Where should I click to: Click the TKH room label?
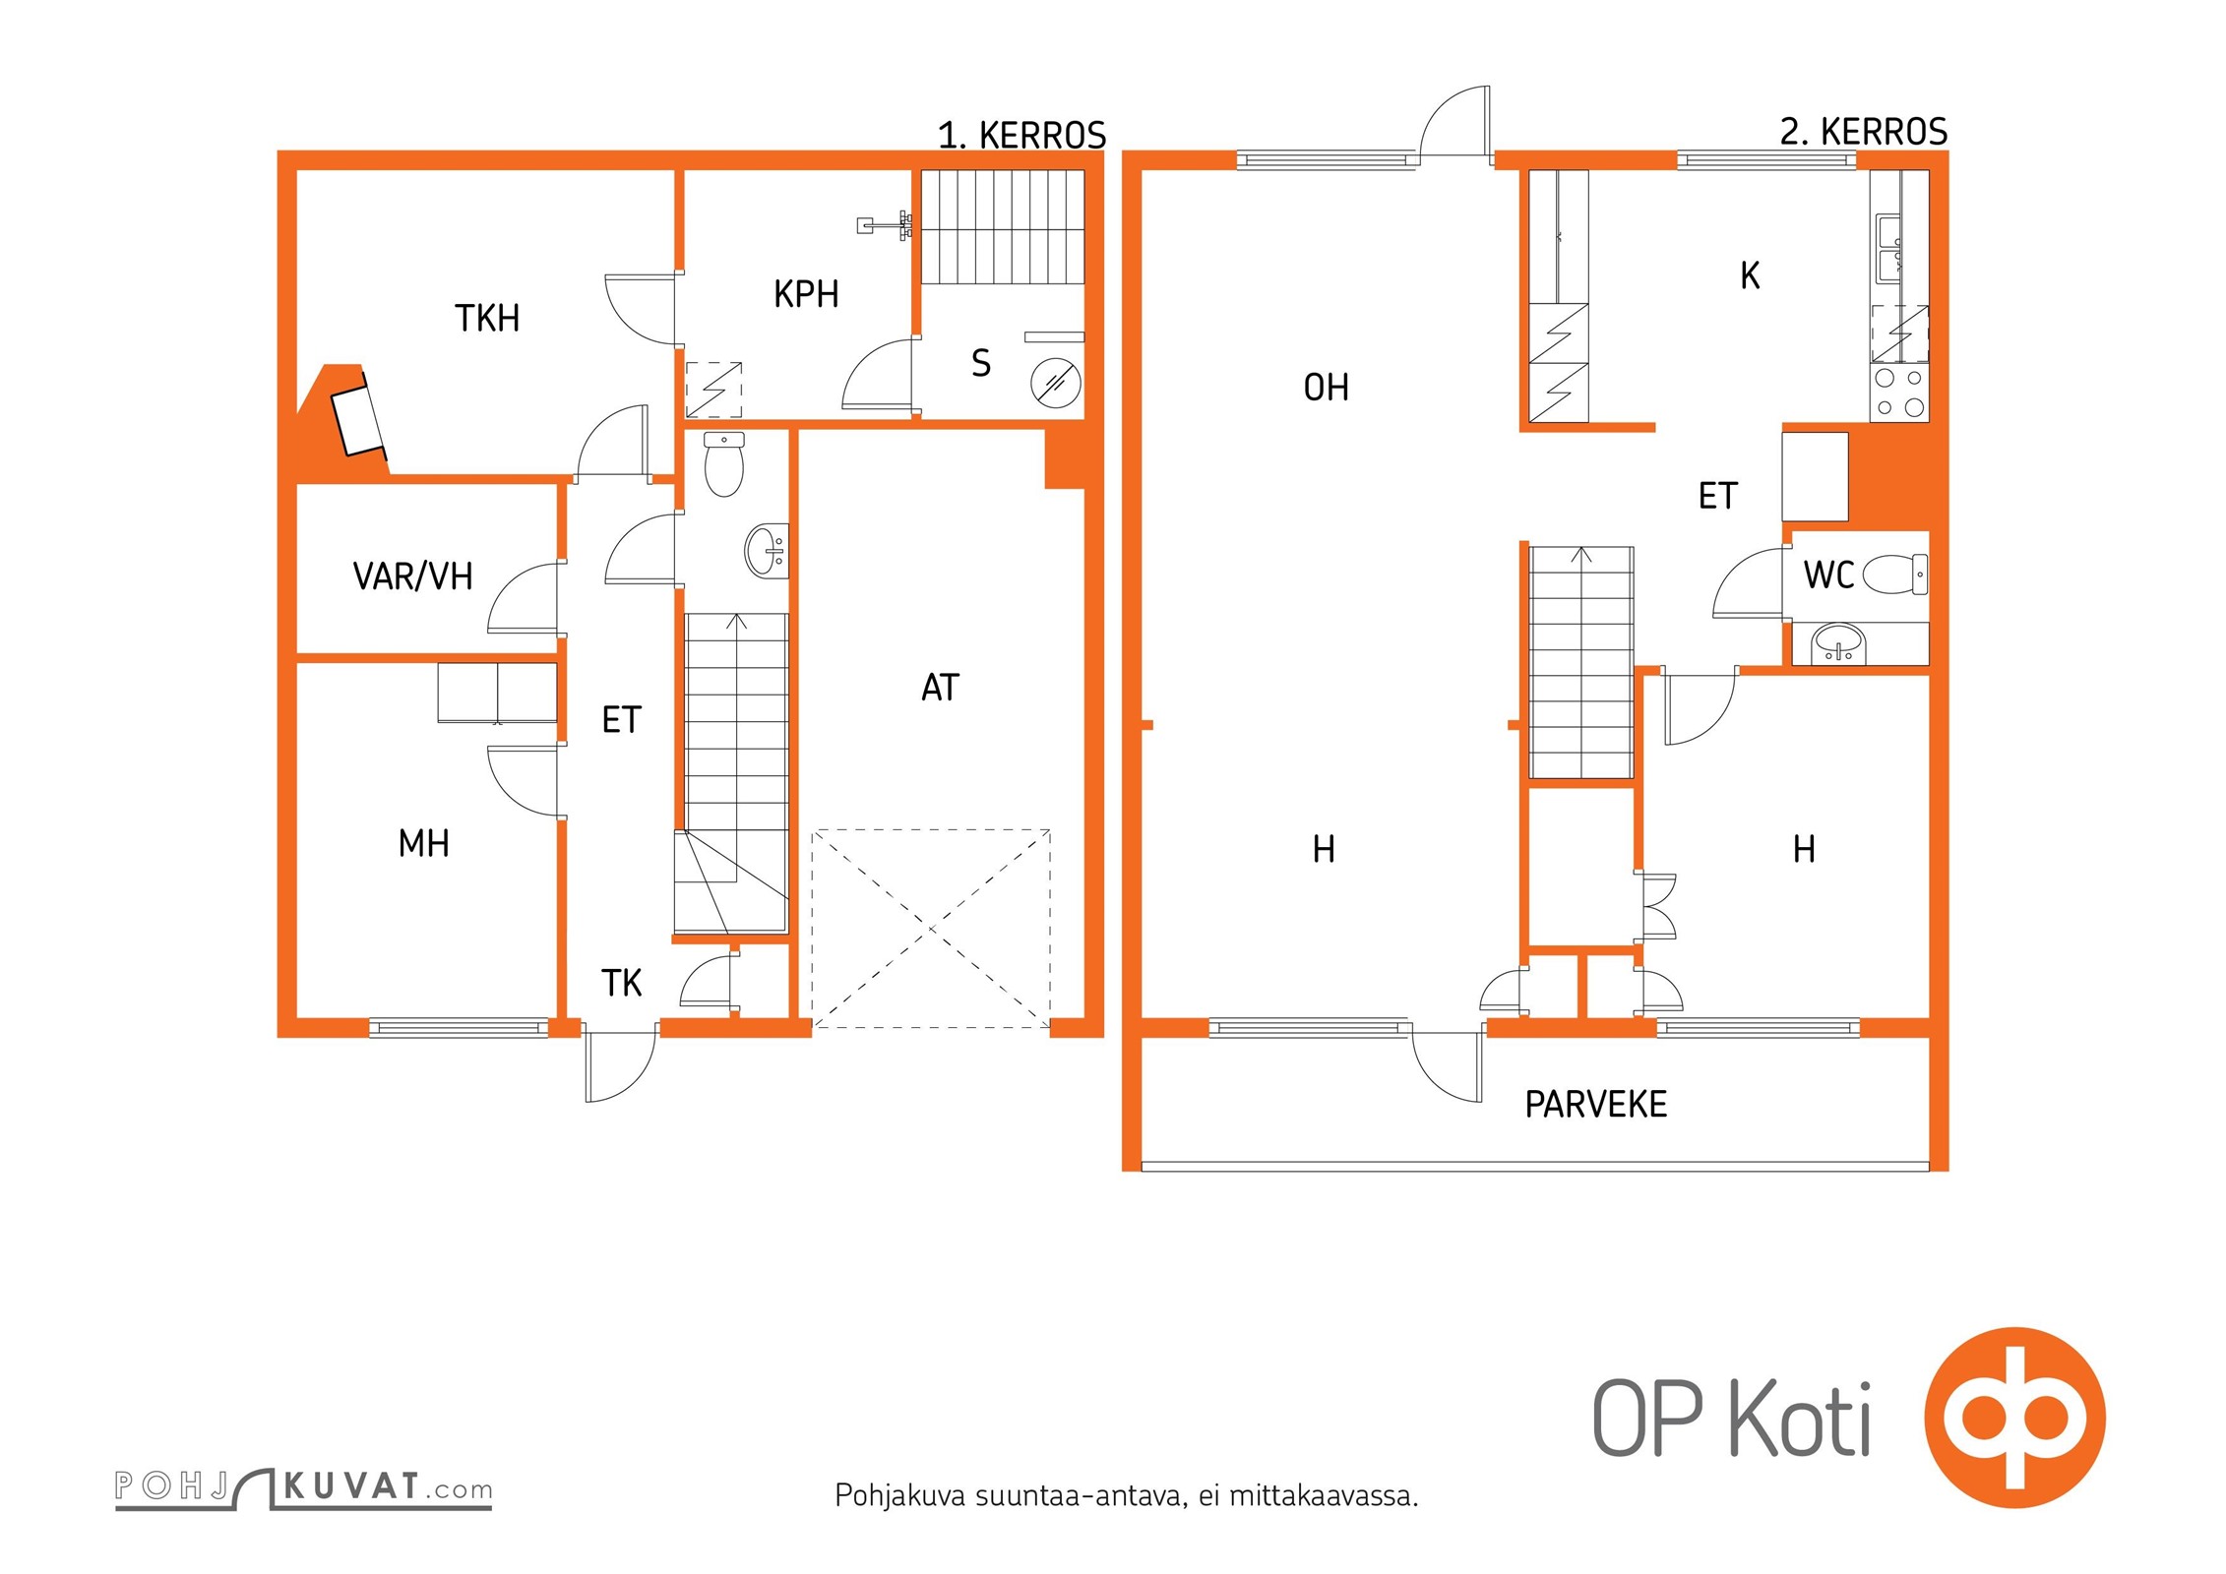coord(487,319)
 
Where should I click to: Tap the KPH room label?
coord(806,294)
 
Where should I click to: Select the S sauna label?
coord(981,363)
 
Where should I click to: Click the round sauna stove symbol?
coord(1056,383)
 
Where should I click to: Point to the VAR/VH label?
coord(413,576)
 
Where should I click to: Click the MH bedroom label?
coord(424,843)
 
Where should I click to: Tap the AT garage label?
coord(940,688)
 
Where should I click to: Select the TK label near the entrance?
coord(622,983)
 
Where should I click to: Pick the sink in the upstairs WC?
coord(1839,644)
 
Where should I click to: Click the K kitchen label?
coord(1750,276)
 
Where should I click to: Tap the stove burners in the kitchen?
coord(1899,392)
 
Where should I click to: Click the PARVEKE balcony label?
coord(1596,1105)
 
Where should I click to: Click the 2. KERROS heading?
coord(1864,132)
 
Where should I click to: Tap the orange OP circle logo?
coord(2014,1418)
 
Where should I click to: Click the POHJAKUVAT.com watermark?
coord(303,1488)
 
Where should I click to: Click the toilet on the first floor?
coord(724,464)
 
